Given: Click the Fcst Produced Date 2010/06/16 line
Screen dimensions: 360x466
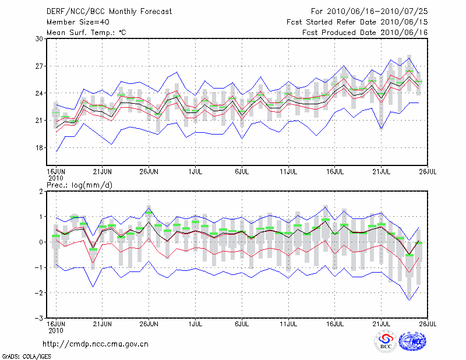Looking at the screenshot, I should (x=365, y=33).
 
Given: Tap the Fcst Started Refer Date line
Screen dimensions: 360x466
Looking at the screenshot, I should (x=357, y=22).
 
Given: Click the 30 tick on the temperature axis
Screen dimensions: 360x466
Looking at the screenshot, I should (x=40, y=38).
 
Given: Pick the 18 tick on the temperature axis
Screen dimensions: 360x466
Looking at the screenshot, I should (x=40, y=147).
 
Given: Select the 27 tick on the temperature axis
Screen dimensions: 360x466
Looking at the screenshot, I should (x=40, y=66).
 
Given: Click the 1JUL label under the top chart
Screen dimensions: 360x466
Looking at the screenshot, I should (x=196, y=172).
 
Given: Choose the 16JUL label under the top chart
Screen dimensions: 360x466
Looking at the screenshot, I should (x=334, y=172).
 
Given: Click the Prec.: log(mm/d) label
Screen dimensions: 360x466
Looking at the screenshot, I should (x=79, y=185).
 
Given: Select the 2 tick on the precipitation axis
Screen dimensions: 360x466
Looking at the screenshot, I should (x=41, y=191).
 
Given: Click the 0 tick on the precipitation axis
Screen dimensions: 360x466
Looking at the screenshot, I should (x=41, y=242).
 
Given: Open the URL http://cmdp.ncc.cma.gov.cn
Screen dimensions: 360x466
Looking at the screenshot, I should (x=96, y=344).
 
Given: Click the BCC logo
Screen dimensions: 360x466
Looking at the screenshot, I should (x=385, y=342).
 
